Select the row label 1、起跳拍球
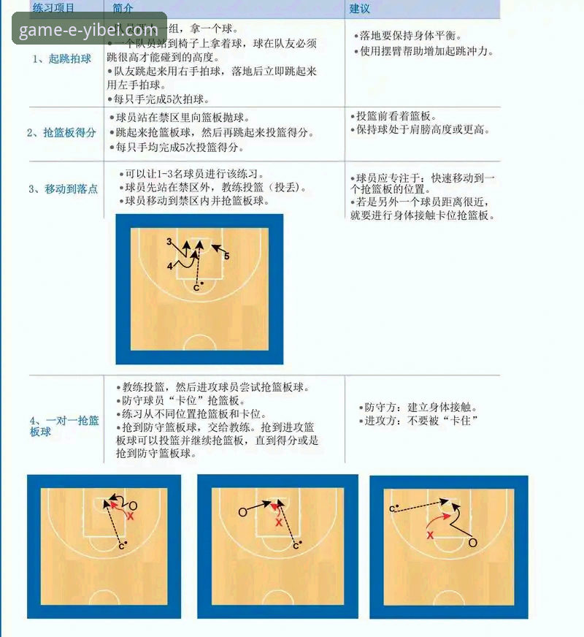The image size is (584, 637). (62, 58)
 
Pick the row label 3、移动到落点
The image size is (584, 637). (63, 189)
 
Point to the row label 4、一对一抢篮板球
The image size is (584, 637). (64, 426)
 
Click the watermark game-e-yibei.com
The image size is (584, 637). (88, 31)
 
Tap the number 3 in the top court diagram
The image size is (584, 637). (169, 242)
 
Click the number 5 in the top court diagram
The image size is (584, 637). (227, 256)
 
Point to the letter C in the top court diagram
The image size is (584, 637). (196, 288)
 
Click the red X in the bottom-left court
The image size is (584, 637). (131, 516)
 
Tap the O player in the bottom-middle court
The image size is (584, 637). (242, 513)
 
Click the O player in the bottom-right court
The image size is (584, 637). (472, 543)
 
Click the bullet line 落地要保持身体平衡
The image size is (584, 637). (412, 35)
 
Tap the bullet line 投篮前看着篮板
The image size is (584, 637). (396, 116)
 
